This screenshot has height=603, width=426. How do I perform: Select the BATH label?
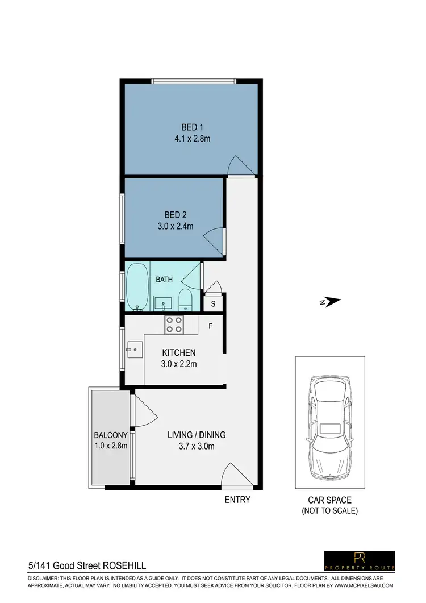(x=165, y=279)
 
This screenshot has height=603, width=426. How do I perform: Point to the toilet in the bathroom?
(x=185, y=300)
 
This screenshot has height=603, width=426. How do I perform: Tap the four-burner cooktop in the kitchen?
(x=174, y=325)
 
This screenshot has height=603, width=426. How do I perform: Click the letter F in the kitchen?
(x=210, y=327)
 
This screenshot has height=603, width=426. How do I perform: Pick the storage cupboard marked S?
(x=213, y=303)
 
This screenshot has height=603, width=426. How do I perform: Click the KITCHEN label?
(x=179, y=352)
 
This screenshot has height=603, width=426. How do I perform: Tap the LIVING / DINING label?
(x=197, y=435)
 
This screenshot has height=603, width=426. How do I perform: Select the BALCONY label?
(x=111, y=435)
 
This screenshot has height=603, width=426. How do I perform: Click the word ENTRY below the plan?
(x=237, y=500)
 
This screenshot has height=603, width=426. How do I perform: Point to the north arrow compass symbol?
(x=330, y=302)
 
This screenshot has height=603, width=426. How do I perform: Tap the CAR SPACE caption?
(x=329, y=500)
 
